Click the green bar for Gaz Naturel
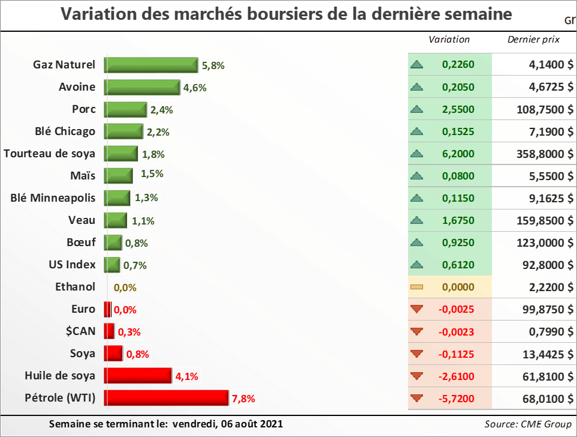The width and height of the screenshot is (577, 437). click(x=151, y=65)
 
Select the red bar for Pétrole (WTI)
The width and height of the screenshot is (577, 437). click(x=167, y=397)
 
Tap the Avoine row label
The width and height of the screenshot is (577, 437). click(x=77, y=87)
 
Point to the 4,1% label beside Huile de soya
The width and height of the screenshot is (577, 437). click(x=186, y=377)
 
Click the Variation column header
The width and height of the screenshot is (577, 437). click(x=449, y=40)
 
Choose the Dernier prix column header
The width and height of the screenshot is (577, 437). click(x=533, y=40)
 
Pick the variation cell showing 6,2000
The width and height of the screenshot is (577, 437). click(x=458, y=154)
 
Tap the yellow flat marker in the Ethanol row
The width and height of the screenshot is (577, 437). click(x=417, y=287)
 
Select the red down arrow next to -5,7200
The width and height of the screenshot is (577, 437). click(x=417, y=397)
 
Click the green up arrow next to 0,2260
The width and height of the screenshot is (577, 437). click(x=417, y=65)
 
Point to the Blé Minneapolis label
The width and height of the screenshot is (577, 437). click(x=53, y=197)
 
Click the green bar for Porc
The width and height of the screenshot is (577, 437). click(x=125, y=109)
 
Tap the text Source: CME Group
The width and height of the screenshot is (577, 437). click(x=528, y=424)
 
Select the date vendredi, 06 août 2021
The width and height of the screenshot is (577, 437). click(x=227, y=424)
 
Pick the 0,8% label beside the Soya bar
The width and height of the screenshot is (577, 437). click(x=137, y=354)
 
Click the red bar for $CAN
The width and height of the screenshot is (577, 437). click(x=109, y=331)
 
